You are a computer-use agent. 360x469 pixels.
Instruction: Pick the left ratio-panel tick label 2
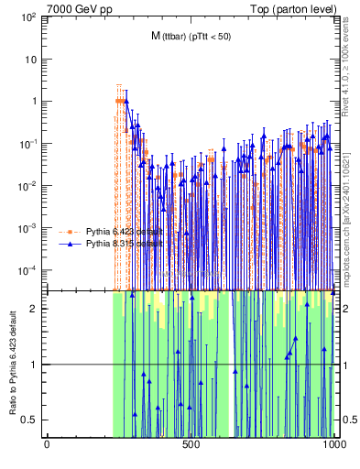coord(33,309)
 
